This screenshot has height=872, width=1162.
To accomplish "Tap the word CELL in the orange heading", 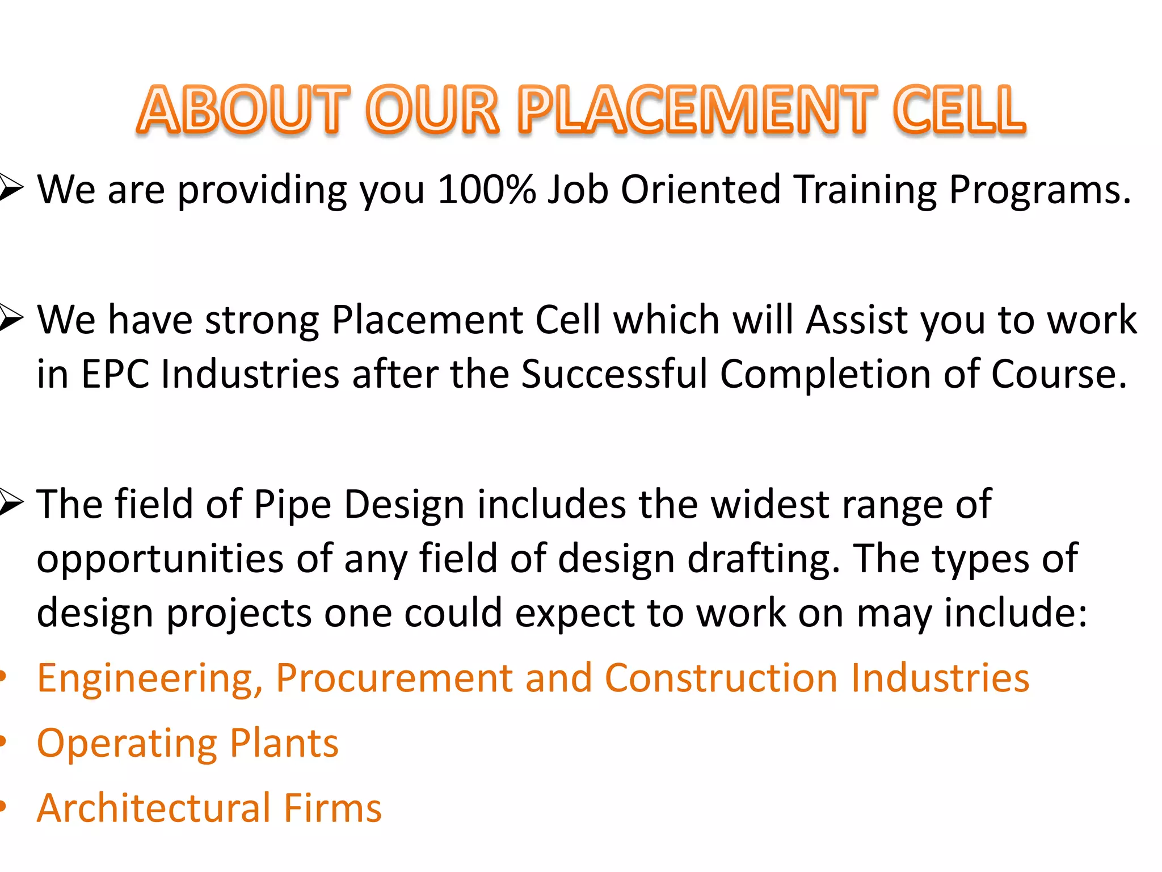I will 959,109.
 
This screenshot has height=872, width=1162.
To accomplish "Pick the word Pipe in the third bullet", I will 292,505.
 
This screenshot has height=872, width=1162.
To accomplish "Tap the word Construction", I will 721,678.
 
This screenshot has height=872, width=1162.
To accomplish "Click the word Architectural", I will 154,808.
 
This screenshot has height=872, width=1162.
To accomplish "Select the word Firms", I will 332,808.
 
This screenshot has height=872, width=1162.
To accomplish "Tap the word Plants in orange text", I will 284,743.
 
